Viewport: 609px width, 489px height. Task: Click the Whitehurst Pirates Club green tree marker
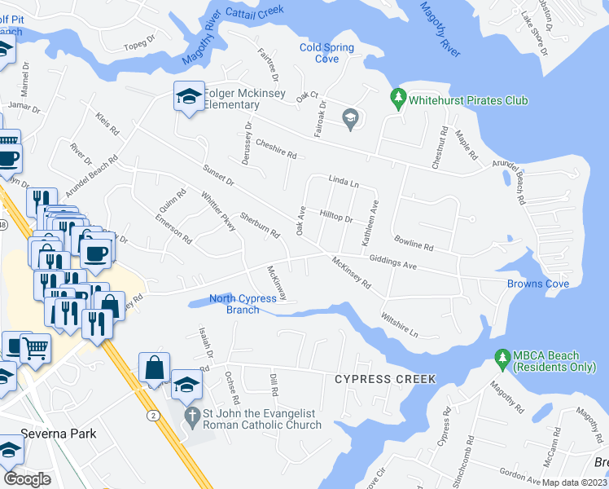(398, 99)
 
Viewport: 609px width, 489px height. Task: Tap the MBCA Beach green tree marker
(502, 357)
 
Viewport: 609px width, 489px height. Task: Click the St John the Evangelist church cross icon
(191, 417)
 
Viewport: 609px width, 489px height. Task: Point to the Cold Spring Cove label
(326, 53)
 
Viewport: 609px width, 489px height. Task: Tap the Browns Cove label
(537, 284)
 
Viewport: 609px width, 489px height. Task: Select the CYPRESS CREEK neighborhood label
(385, 380)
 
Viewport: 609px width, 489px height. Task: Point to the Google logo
(28, 478)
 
